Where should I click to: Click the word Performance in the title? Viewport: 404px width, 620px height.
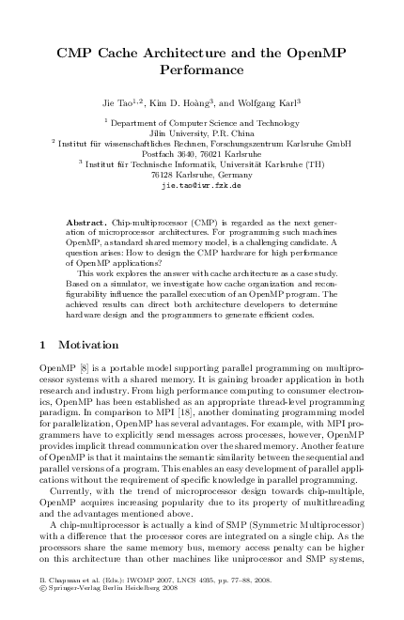202,70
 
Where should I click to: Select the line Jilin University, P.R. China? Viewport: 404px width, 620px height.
202,134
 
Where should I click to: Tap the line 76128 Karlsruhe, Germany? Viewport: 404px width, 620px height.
202,176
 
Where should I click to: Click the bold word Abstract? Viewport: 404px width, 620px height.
109,214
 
